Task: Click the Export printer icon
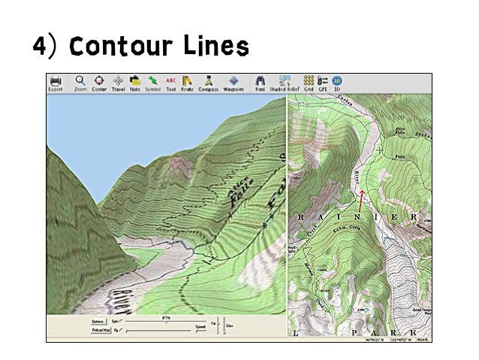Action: tap(56, 80)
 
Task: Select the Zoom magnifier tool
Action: tap(80, 80)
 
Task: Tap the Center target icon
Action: tap(99, 80)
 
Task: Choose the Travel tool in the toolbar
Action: tap(118, 80)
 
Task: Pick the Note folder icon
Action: tap(135, 80)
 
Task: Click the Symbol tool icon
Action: tap(153, 80)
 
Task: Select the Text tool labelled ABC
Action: tap(171, 80)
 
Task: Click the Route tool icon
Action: tap(188, 80)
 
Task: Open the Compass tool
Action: tap(208, 80)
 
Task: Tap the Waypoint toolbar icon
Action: tap(233, 80)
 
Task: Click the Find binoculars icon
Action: tap(260, 80)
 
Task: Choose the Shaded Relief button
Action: tap(286, 80)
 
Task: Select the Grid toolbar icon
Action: tap(309, 80)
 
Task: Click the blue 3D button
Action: tap(337, 80)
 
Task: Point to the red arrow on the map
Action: tap(360, 201)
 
